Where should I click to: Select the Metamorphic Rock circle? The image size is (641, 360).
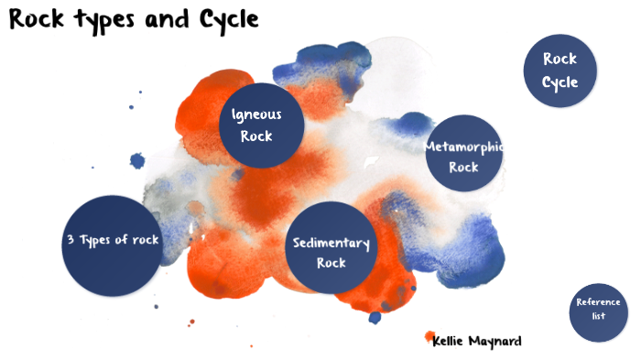click(464, 157)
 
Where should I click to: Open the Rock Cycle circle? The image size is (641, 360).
click(560, 71)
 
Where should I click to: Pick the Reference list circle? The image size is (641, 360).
click(598, 310)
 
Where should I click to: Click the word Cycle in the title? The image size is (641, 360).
click(231, 20)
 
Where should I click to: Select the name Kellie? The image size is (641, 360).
click(451, 342)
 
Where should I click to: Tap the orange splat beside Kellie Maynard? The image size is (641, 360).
click(429, 337)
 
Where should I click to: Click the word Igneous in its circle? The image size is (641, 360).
click(256, 115)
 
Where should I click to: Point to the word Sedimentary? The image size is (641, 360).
click(331, 243)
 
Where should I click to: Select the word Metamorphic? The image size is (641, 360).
click(464, 147)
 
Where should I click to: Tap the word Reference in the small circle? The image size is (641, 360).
click(599, 302)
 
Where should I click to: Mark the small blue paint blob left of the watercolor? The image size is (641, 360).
click(137, 161)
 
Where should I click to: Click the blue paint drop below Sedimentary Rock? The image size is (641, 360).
click(375, 317)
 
